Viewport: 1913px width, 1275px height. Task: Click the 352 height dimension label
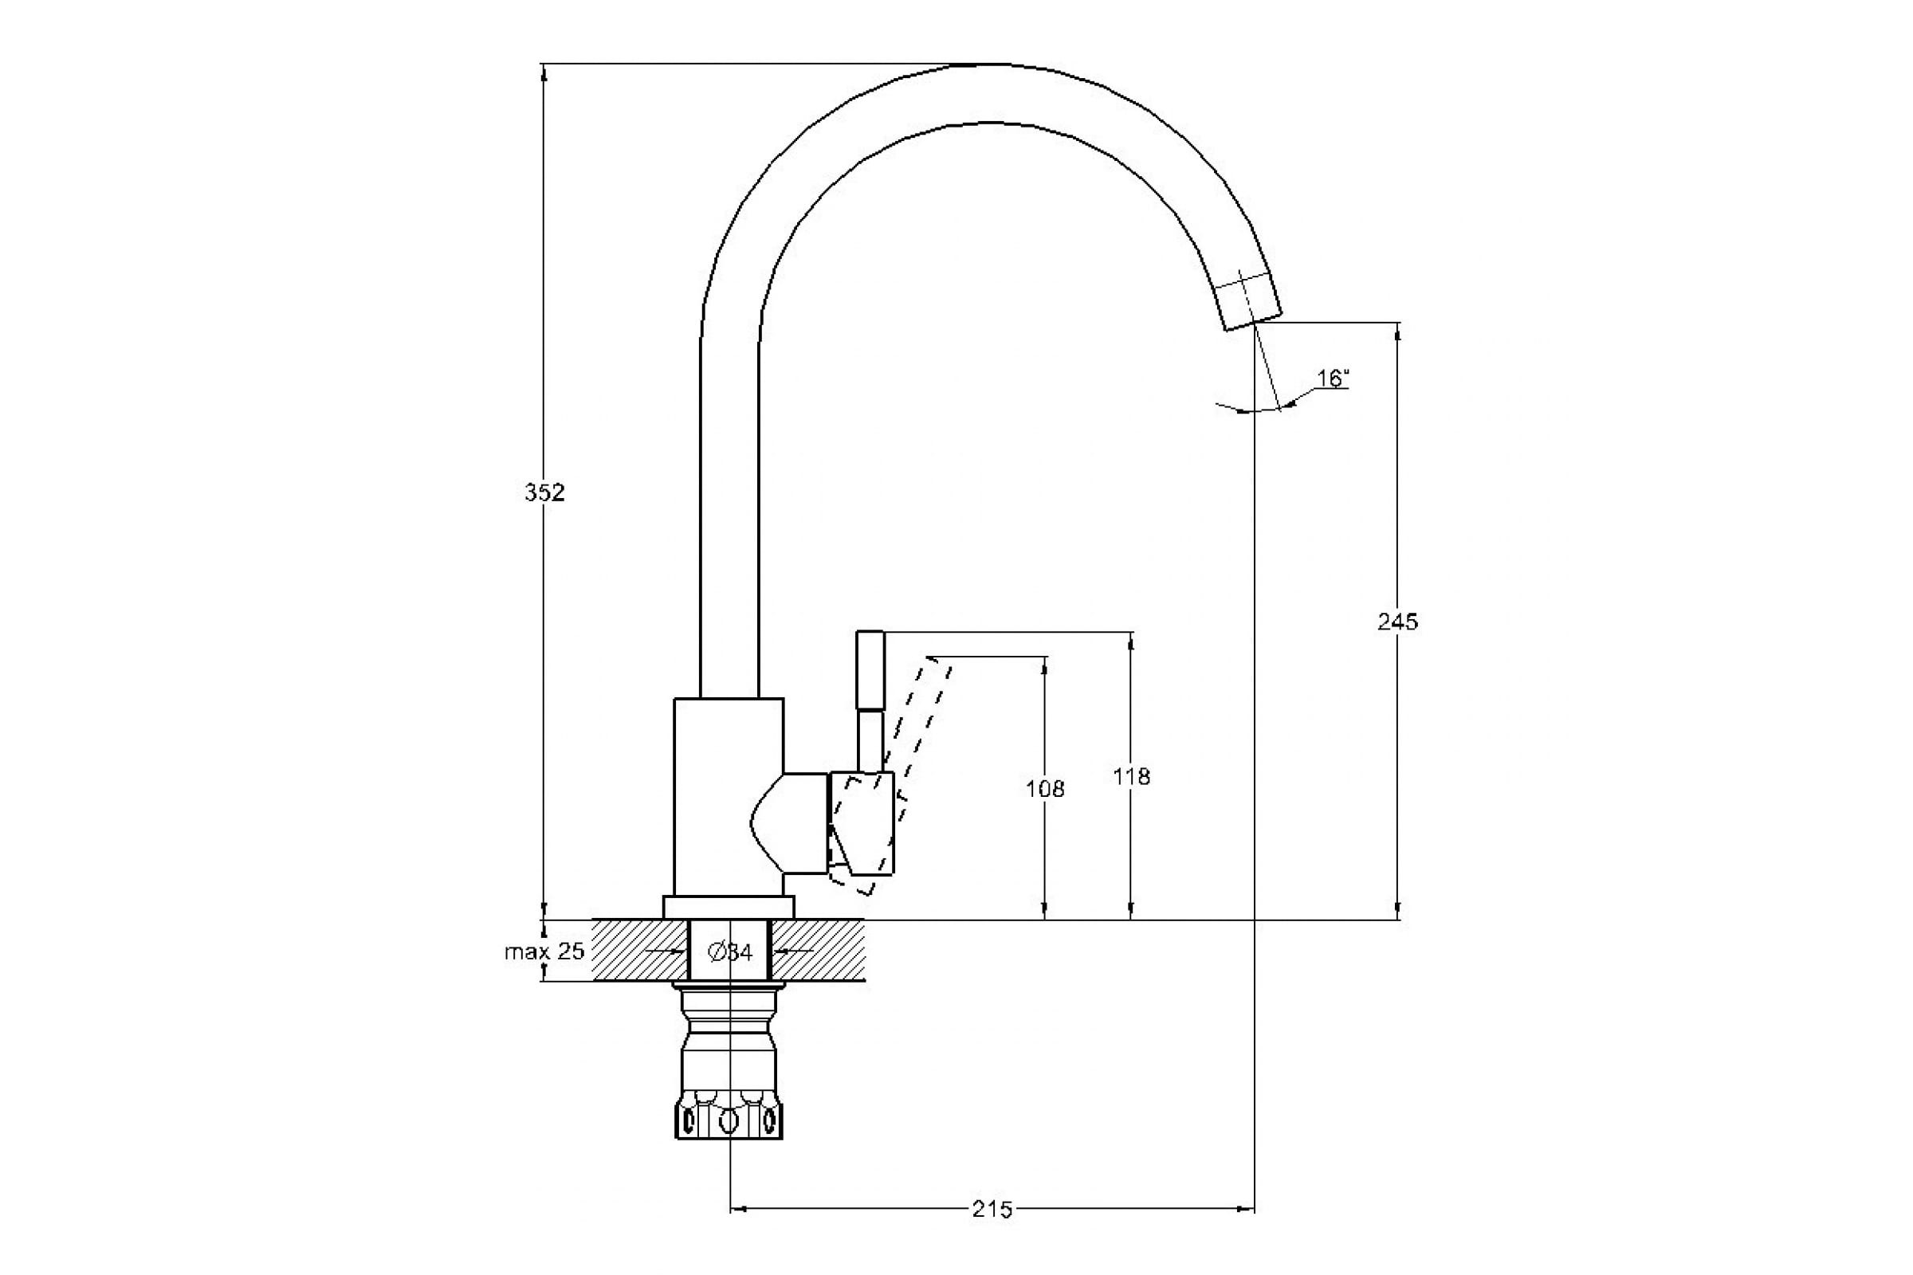coord(544,492)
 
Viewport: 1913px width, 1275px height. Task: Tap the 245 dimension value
coord(1397,622)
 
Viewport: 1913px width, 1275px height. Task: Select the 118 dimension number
coord(1131,778)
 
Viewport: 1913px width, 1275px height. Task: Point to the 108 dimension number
coord(1045,789)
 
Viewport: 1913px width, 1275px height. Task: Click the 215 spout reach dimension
coord(992,1233)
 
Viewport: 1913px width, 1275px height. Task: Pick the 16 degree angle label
coord(1333,379)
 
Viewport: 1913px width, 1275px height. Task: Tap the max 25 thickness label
coord(544,951)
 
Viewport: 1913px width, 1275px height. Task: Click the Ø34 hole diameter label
coord(730,952)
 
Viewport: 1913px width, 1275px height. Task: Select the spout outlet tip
coord(1252,305)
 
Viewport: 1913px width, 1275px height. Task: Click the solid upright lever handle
coord(870,691)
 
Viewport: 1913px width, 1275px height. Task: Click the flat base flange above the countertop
coord(728,908)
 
